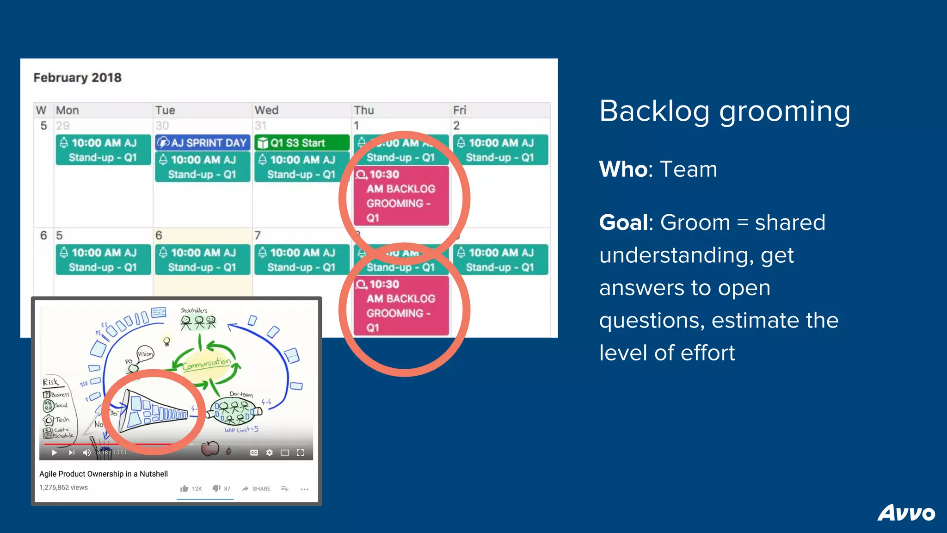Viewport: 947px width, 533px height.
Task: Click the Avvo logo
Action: pos(906,513)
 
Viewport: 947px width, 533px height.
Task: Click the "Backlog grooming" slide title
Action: pos(725,111)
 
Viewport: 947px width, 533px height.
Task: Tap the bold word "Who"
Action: pos(623,169)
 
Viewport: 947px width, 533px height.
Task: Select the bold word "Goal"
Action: pos(623,222)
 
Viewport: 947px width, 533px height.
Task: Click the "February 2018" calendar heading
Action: pos(77,77)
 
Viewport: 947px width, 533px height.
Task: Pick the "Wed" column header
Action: pos(266,110)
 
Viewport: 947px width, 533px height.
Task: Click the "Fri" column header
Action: pos(460,110)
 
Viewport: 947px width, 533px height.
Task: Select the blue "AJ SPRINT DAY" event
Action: pos(203,143)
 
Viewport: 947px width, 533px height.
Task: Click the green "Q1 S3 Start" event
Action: pos(302,143)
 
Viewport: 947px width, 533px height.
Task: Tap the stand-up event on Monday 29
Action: pos(103,150)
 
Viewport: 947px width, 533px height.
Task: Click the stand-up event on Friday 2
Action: pos(500,150)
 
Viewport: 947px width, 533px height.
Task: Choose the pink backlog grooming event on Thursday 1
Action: pos(401,196)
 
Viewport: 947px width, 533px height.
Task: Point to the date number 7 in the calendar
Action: pos(258,235)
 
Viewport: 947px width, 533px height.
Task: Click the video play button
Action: pos(54,452)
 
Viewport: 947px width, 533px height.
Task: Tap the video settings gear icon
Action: pos(270,452)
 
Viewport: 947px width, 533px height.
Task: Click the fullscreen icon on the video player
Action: pos(300,452)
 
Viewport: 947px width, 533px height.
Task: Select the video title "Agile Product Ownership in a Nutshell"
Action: pos(104,474)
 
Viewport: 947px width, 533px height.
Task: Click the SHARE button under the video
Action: pos(256,489)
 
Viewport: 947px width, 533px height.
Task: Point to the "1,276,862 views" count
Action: pos(63,487)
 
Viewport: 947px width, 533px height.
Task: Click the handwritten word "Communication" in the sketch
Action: pos(206,364)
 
